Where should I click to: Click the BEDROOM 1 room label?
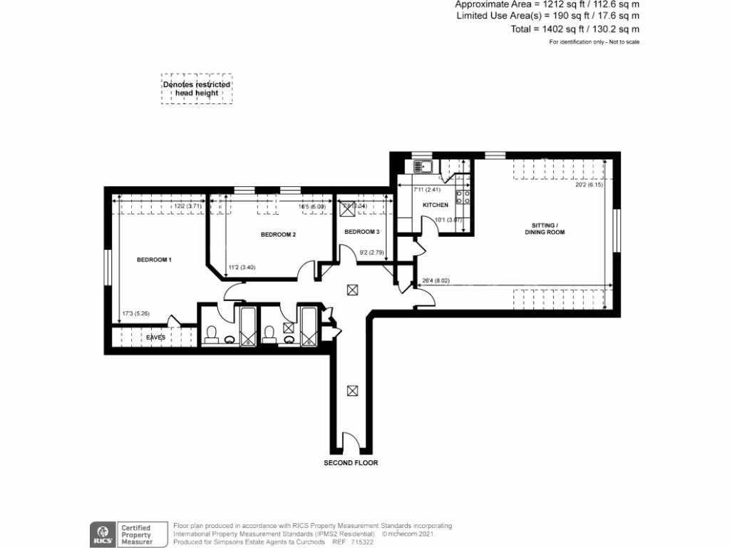[154, 260]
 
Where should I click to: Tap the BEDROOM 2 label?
[278, 235]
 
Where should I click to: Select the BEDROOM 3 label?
[362, 232]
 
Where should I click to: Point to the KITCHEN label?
[436, 205]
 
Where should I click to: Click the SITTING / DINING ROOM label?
[545, 229]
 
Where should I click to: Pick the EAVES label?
[156, 337]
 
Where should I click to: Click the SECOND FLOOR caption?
[351, 463]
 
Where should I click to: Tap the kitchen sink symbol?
[421, 167]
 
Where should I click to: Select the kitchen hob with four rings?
[462, 197]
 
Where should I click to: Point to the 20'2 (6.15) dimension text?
[589, 186]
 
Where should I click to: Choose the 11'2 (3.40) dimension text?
[242, 268]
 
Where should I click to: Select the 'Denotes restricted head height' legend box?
[197, 88]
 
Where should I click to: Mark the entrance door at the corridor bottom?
[351, 442]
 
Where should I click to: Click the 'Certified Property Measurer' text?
[136, 534]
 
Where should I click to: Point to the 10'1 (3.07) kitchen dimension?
[449, 220]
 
